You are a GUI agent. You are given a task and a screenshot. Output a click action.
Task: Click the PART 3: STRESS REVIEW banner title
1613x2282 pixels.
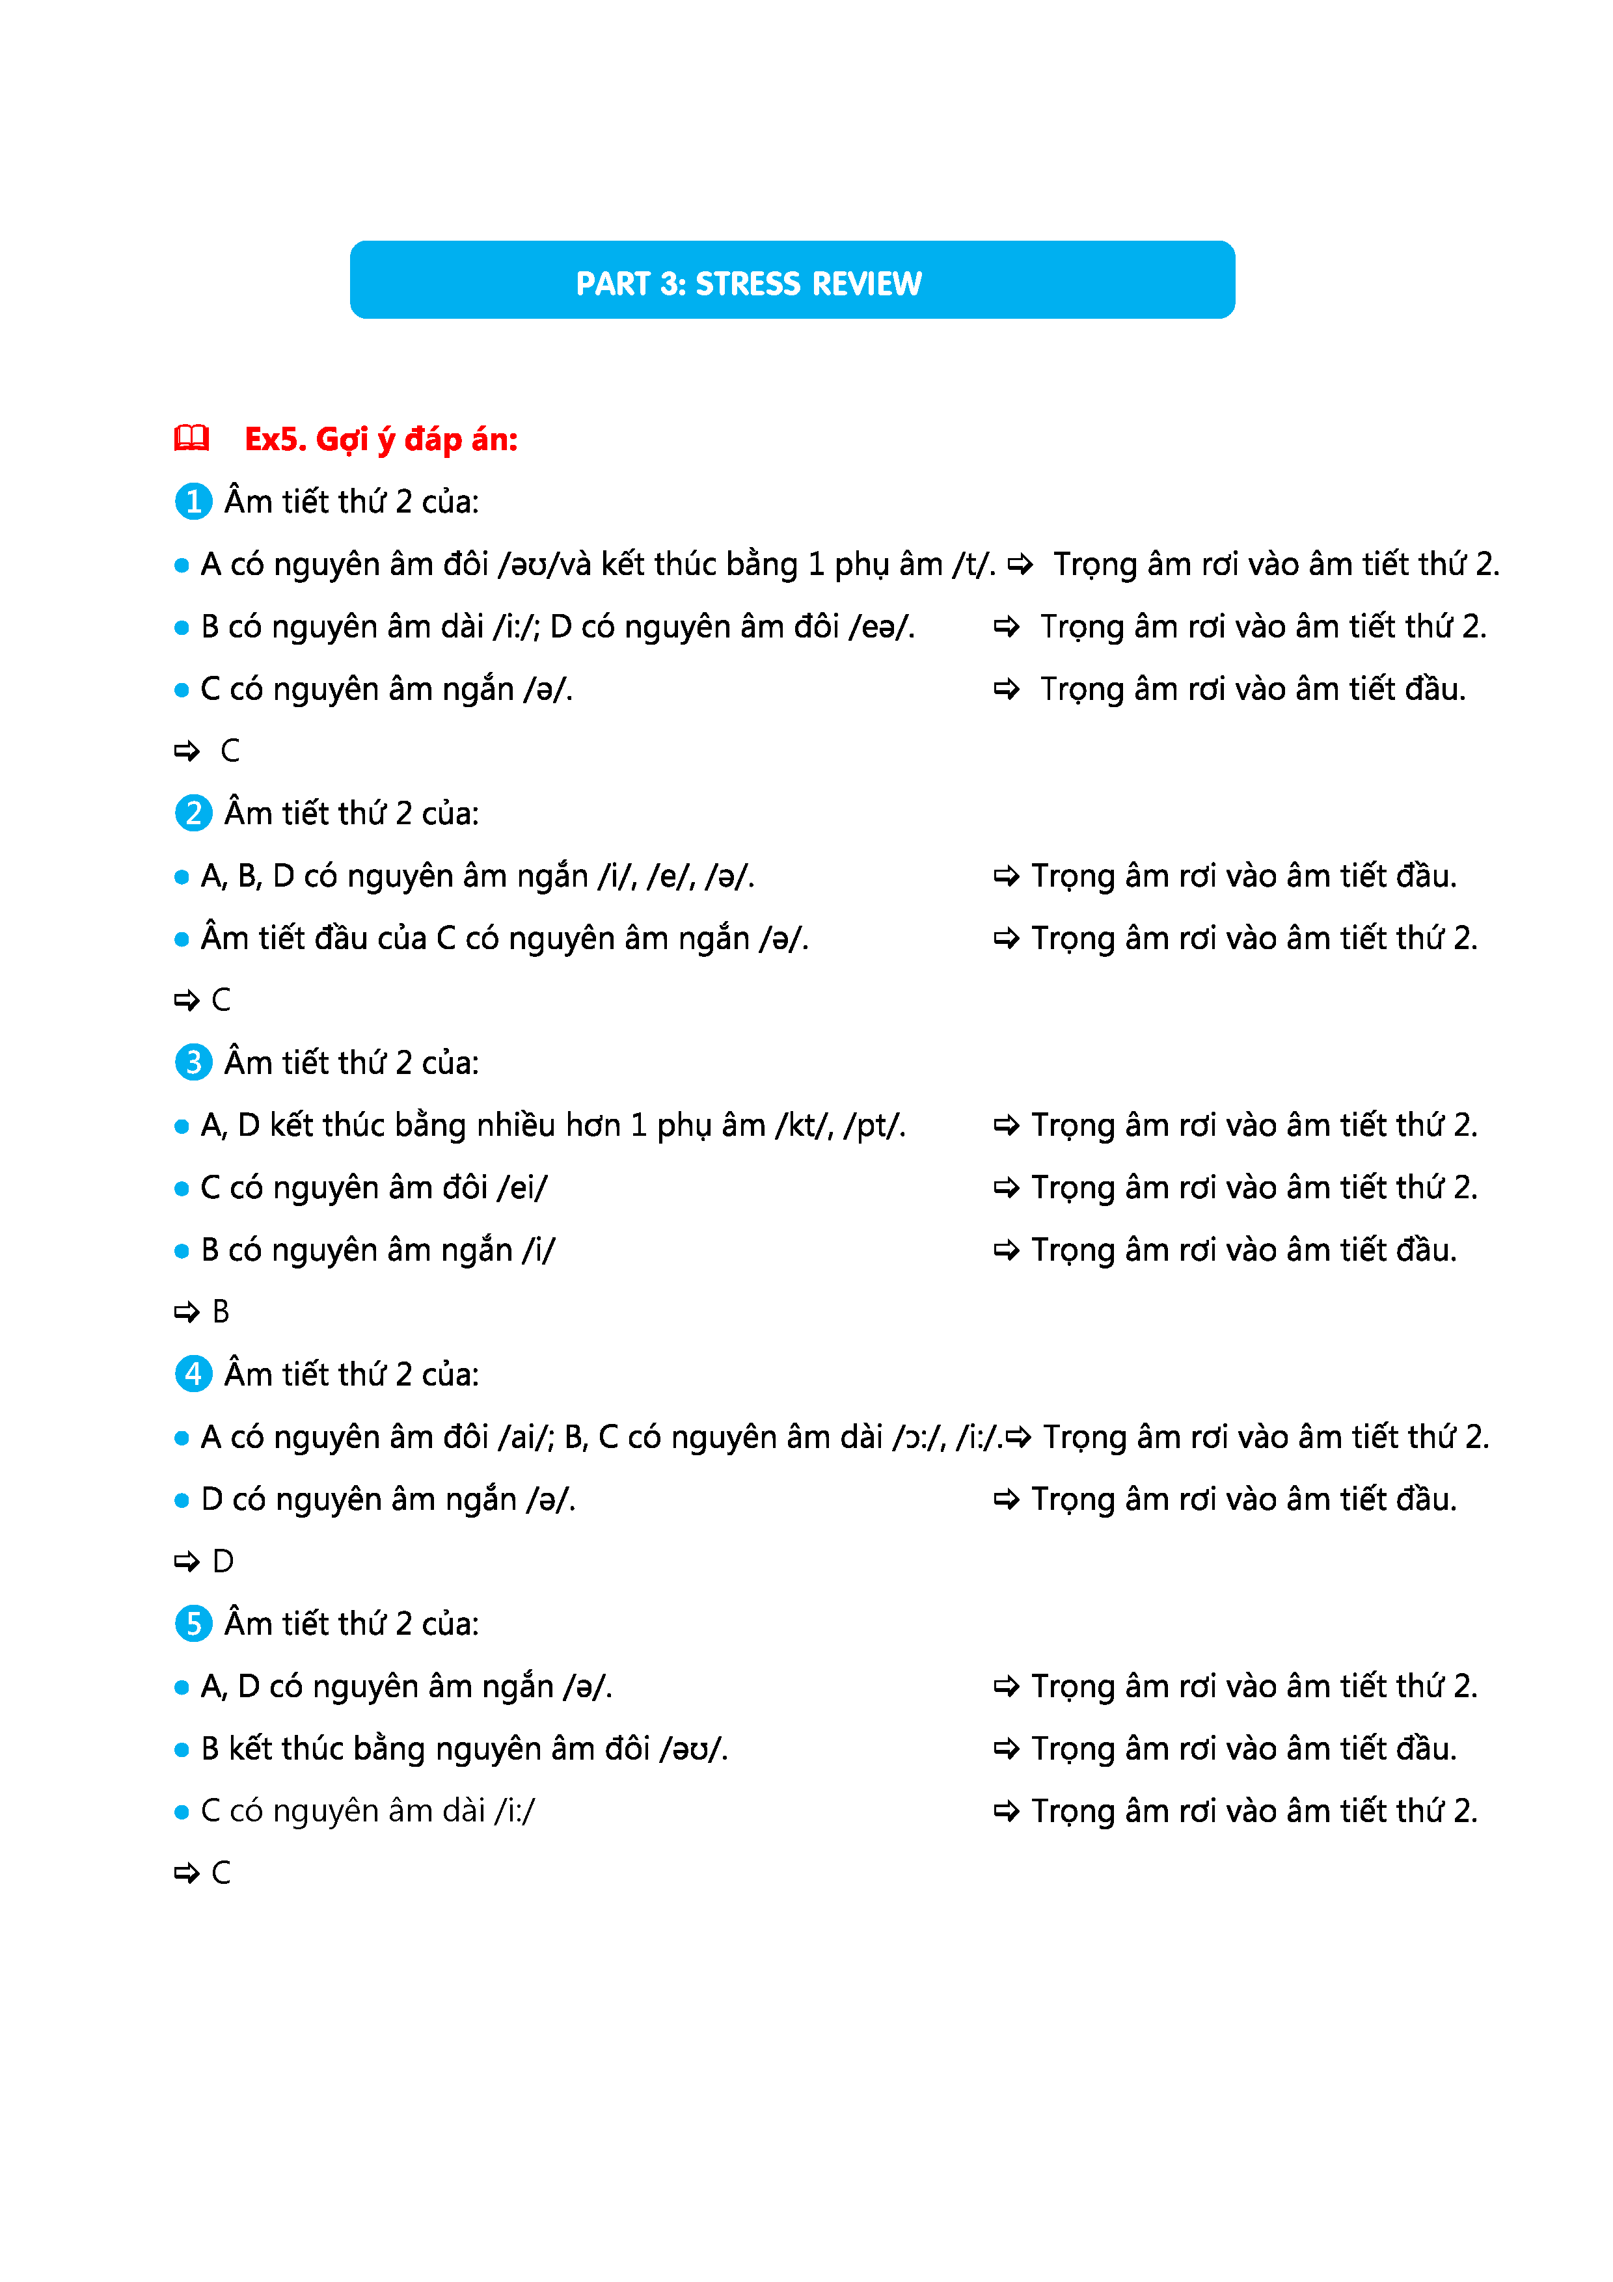748,284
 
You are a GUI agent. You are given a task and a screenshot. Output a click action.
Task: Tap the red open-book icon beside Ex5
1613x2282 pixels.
192,438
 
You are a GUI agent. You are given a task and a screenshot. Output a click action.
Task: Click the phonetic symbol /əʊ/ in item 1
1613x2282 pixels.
522,565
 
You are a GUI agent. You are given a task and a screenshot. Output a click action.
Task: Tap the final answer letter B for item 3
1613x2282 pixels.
221,1313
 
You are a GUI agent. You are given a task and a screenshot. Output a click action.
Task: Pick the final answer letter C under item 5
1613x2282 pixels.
221,1873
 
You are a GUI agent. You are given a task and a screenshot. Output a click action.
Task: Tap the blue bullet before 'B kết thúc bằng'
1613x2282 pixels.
181,1751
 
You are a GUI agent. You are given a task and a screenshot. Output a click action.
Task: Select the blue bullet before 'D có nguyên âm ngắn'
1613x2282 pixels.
181,1501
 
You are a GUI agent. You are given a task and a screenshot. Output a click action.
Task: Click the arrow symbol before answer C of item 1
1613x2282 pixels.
186,751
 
